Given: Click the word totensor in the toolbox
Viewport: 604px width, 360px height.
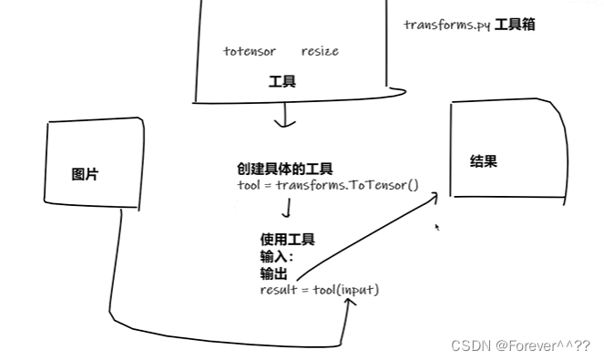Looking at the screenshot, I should tap(249, 51).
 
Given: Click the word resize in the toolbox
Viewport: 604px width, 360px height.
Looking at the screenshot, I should tap(319, 51).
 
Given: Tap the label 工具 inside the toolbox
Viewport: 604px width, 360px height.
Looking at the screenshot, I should tap(282, 82).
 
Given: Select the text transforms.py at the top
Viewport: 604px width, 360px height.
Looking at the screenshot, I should tap(446, 25).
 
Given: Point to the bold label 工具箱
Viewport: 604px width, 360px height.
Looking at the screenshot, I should tap(515, 25).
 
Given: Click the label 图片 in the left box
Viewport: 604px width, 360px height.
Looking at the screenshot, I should tap(85, 174).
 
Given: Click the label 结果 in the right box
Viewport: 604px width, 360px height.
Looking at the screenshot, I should tap(483, 161).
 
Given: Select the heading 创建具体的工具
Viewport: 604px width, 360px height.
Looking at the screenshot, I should tap(284, 169).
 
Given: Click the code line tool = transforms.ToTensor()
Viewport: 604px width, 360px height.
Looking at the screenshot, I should tap(326, 185).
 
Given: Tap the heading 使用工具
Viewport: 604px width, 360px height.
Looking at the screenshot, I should tap(287, 240).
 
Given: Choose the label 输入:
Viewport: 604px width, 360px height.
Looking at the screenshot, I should tap(277, 257).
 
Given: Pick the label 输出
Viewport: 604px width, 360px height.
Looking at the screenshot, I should tap(274, 273).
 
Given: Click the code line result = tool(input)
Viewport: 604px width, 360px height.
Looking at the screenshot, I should tap(319, 290).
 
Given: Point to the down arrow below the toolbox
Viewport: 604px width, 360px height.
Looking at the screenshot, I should tap(287, 116).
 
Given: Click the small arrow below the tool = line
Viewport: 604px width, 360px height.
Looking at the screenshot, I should tap(288, 211).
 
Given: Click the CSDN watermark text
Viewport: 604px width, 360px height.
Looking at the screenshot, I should tap(521, 346).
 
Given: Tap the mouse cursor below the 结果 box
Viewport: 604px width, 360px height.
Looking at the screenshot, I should tap(437, 227).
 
